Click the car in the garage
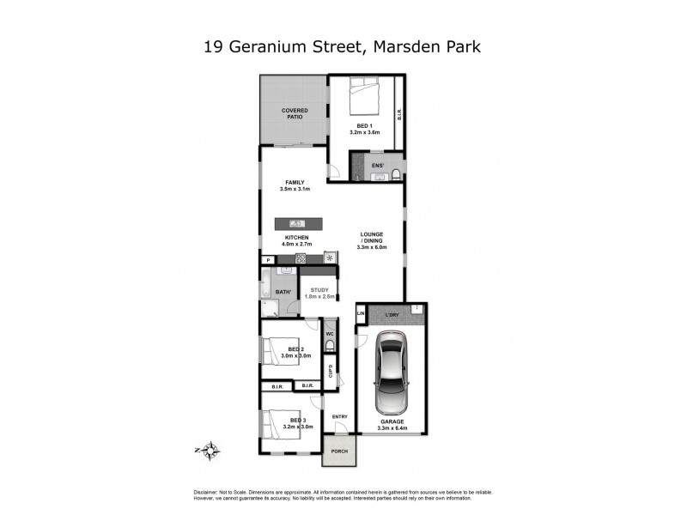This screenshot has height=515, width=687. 392,372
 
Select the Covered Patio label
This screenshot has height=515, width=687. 295,114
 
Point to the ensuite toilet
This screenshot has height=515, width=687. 395,174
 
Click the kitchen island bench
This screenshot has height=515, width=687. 299,224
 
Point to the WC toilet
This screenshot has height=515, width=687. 329,345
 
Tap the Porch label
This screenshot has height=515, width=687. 339,451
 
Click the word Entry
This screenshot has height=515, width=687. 340,417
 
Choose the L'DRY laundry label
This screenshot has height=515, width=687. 392,315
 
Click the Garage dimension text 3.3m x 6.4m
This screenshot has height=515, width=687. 392,428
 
